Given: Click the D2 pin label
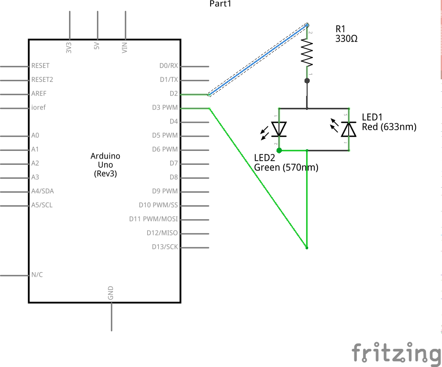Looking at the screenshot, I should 174,94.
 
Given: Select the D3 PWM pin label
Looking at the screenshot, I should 165,108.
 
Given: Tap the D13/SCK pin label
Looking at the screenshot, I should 165,247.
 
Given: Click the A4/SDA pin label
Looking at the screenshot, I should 43,191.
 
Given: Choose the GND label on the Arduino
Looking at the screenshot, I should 111,293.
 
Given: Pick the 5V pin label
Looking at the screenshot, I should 97,47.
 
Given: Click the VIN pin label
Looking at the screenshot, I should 125,48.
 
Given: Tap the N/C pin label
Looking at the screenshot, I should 37,275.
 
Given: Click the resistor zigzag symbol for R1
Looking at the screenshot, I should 307,53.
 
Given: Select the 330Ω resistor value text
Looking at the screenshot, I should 347,39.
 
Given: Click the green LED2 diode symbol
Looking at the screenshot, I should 279,129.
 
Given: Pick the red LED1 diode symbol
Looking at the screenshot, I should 349,129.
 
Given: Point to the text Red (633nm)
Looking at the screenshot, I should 389,126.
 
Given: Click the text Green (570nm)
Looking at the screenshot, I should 286,167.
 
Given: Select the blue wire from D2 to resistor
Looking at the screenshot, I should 257,60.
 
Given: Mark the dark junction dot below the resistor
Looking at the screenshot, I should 307,80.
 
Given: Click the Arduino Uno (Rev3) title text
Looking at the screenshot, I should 105,165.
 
